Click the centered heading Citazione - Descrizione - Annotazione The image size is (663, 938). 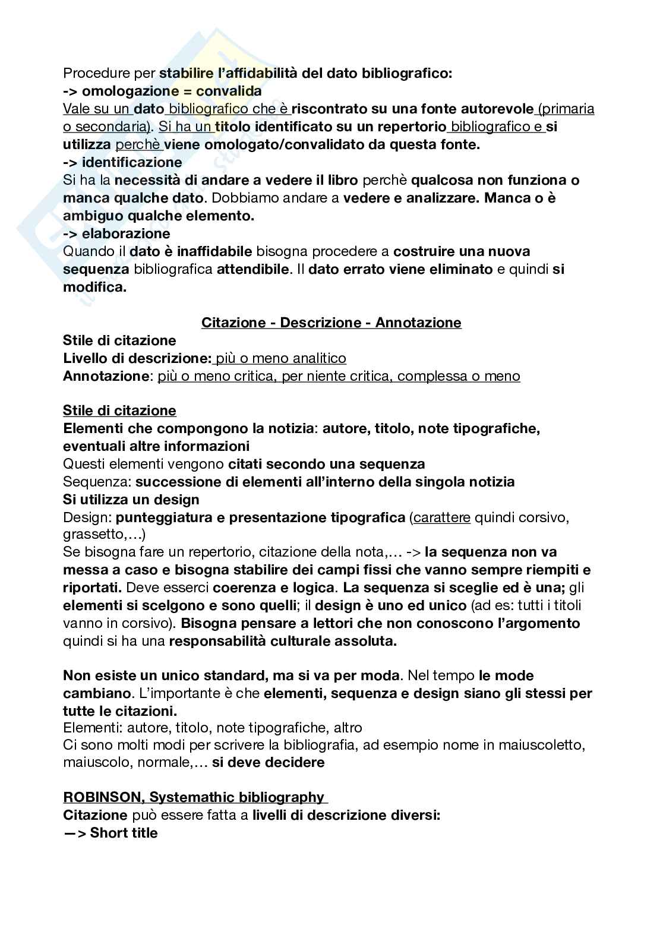pos(331,323)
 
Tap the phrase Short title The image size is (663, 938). pos(124,833)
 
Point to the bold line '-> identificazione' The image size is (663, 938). pos(122,162)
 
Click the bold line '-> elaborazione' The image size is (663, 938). pos(116,233)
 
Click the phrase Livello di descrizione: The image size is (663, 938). pos(137,358)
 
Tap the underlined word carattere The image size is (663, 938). pos(442,517)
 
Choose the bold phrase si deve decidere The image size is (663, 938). pos(268,762)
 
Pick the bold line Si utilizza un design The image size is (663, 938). pos(131,500)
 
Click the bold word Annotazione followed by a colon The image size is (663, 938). pos(106,376)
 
